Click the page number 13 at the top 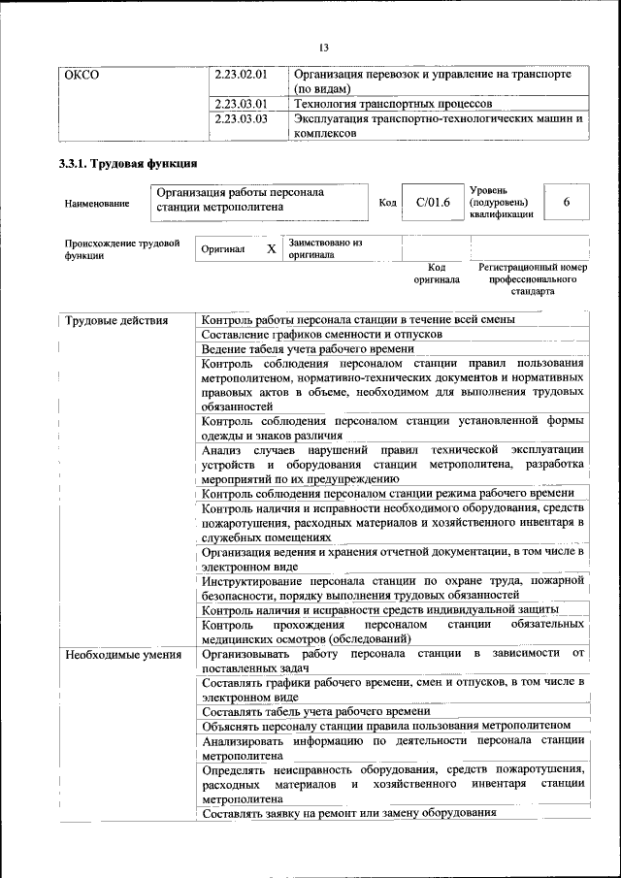pos(324,48)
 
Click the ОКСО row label pos(82,74)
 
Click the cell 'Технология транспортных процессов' pos(393,103)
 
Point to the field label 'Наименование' pos(97,204)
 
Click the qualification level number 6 pos(566,202)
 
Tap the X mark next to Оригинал pos(272,249)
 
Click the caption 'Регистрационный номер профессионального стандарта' pos(533,278)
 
